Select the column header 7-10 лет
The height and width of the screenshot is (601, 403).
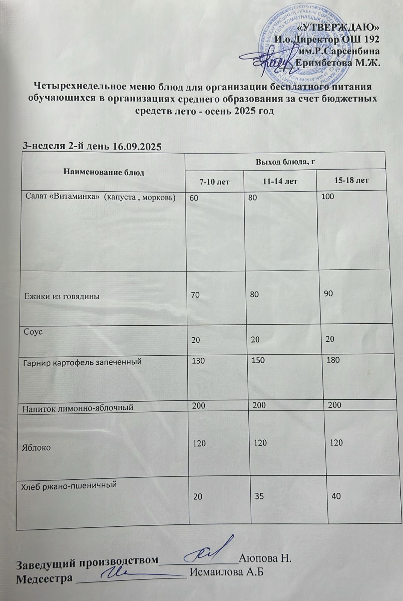(214, 182)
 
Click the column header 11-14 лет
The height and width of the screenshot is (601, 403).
(280, 181)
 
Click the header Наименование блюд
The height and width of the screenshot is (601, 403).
(104, 172)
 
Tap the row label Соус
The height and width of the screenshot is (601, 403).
(33, 332)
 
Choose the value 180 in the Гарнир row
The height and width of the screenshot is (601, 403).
(333, 360)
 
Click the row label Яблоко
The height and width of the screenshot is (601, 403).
(37, 448)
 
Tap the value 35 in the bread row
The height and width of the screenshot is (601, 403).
(259, 496)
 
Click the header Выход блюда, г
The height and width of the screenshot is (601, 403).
(285, 162)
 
